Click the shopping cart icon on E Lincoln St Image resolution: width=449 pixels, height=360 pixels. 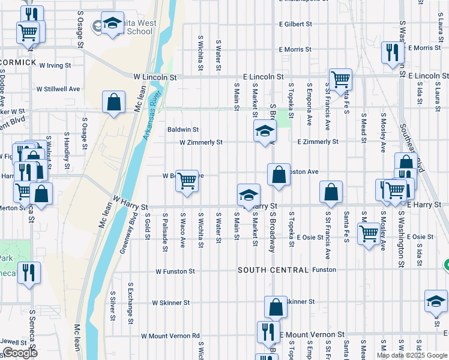[x=340, y=80]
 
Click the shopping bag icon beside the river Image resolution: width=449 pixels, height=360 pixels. [x=113, y=103]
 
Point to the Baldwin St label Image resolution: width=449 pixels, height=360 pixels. [x=182, y=130]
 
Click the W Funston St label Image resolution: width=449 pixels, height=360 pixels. [x=175, y=271]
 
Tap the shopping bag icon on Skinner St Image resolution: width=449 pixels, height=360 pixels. [x=276, y=307]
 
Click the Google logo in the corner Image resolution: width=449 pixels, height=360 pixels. [x=20, y=353]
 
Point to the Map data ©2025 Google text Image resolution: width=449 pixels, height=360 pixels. [x=411, y=355]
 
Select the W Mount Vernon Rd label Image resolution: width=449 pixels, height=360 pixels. [x=170, y=336]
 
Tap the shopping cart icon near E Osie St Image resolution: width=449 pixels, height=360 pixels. [x=369, y=234]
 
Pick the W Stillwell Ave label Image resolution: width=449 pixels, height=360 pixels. [x=58, y=89]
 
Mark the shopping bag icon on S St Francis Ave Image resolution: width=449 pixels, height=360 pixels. [x=331, y=192]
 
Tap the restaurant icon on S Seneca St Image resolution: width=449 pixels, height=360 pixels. [x=29, y=274]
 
